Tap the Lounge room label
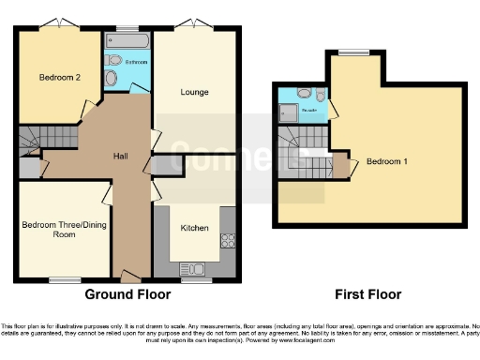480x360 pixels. pyautogui.click(x=194, y=92)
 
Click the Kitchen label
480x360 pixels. pyautogui.click(x=194, y=228)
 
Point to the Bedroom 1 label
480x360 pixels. pyautogui.click(x=386, y=161)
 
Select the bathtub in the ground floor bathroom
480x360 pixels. pyautogui.click(x=127, y=42)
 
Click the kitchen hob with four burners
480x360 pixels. pyautogui.click(x=226, y=241)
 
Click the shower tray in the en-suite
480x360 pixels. pyautogui.click(x=288, y=114)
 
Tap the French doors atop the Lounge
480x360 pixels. pyautogui.click(x=194, y=22)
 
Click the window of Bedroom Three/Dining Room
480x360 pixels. pyautogui.click(x=64, y=279)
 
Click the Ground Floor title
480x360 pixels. pyautogui.click(x=127, y=294)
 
